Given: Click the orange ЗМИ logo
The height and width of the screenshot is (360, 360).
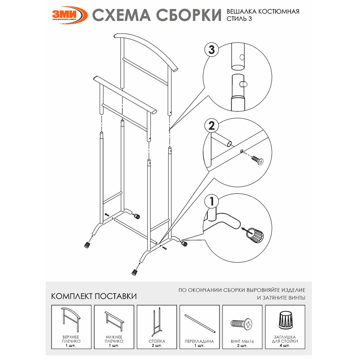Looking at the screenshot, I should pyautogui.click(x=69, y=15).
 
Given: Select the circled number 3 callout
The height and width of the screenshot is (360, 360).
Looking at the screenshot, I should pyautogui.click(x=211, y=50).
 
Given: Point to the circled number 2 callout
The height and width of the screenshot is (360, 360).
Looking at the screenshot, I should pyautogui.click(x=211, y=126).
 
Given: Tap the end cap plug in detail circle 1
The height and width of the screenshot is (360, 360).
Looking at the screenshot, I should pyautogui.click(x=255, y=235).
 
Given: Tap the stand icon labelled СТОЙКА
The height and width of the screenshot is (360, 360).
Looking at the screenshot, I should pyautogui.click(x=157, y=322).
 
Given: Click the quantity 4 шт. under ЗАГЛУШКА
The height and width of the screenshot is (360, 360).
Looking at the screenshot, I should pyautogui.click(x=285, y=346).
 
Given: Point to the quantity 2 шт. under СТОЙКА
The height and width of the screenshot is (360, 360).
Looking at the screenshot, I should pyautogui.click(x=157, y=346).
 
